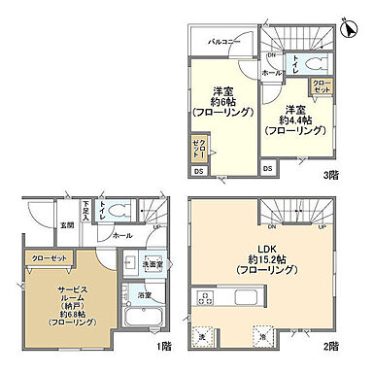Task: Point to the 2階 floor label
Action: click(x=332, y=346)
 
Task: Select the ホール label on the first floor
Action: click(x=123, y=236)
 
